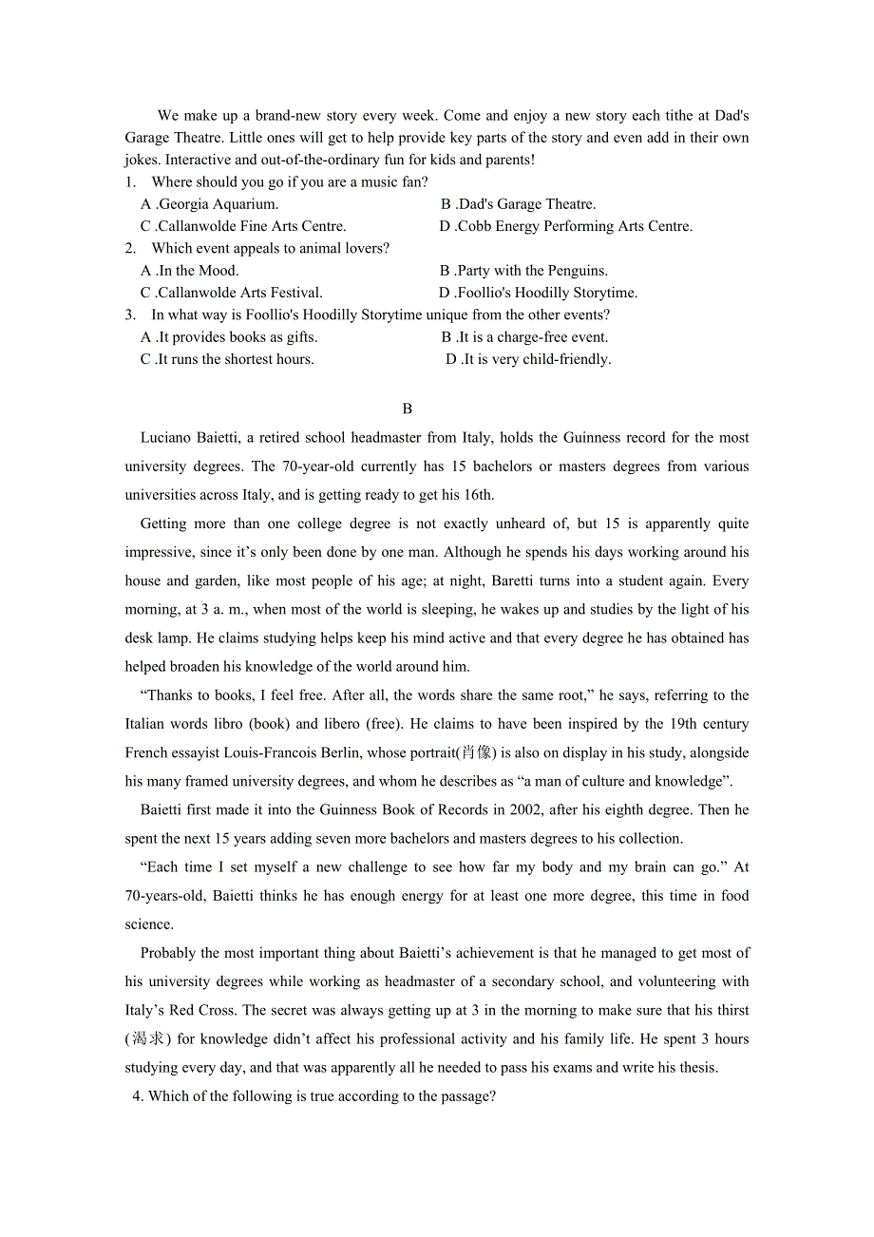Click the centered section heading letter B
point(407,409)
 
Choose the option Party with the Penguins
point(532,271)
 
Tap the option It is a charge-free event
point(533,337)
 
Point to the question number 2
point(130,249)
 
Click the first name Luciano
point(165,438)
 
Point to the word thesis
point(696,1068)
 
